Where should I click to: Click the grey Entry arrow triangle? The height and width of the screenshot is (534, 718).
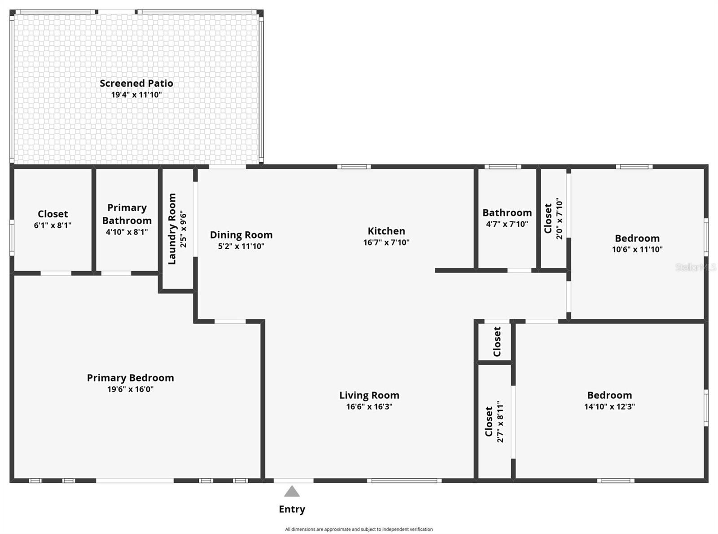click(x=292, y=492)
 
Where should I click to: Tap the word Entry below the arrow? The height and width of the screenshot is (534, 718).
click(x=292, y=509)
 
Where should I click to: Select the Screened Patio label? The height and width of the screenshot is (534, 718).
click(x=136, y=83)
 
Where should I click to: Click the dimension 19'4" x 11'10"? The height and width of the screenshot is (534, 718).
click(x=136, y=95)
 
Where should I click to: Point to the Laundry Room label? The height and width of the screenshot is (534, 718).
click(x=172, y=229)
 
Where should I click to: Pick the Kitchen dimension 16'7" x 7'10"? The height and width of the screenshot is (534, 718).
click(x=386, y=243)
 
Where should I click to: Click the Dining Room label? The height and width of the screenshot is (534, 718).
click(x=241, y=235)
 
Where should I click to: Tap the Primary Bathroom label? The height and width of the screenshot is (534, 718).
click(x=127, y=214)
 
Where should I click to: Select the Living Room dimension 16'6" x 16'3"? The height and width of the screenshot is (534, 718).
click(x=369, y=407)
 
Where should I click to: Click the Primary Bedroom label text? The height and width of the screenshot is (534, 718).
click(x=130, y=378)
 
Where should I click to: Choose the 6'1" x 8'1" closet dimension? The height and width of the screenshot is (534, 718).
click(x=53, y=225)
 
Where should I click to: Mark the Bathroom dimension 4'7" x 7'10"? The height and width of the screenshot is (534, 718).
click(x=507, y=224)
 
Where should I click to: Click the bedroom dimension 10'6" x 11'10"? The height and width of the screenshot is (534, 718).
click(x=637, y=250)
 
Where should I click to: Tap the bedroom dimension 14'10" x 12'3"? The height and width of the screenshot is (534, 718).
click(x=609, y=407)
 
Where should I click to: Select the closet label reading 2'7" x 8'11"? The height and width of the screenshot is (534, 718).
click(x=500, y=423)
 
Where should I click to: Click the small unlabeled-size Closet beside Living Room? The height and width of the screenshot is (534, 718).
click(x=497, y=342)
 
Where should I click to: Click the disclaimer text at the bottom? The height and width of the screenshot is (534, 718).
click(x=359, y=530)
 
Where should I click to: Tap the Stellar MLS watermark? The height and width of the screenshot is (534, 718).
click(x=696, y=268)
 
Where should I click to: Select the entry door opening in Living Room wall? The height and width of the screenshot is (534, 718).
click(x=293, y=481)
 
